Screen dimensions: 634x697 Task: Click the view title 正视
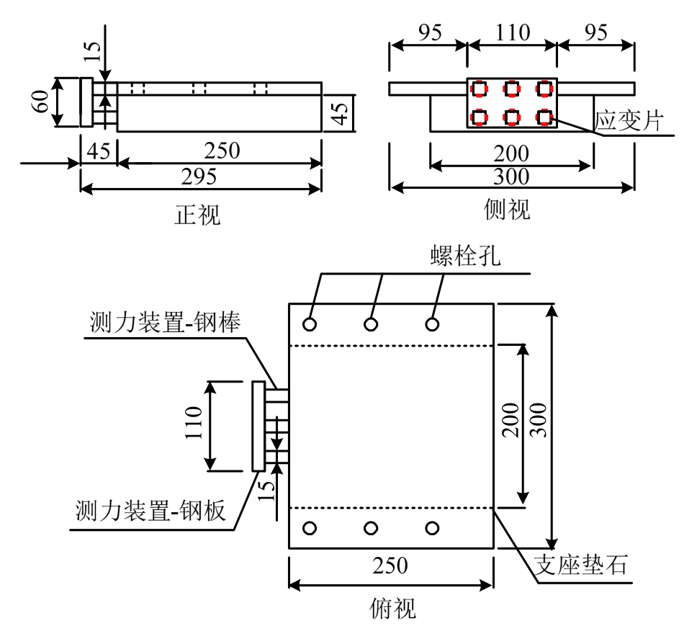[199, 214]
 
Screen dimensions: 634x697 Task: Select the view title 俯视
[390, 609]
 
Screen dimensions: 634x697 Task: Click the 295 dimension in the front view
[200, 177]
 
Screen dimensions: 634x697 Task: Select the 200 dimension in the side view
[512, 153]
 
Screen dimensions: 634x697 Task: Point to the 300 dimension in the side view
[512, 177]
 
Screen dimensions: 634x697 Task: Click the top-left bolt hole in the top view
[310, 324]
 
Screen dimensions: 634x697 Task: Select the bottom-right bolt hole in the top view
[432, 528]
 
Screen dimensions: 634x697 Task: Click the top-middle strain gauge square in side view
[512, 89]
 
